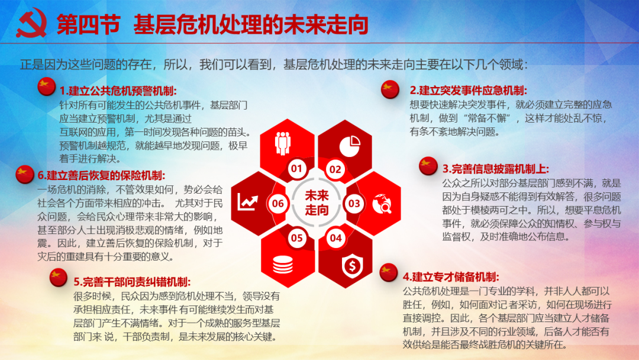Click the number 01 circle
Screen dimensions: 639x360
[297, 168]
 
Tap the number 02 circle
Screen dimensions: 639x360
[335, 169]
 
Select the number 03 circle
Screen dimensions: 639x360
[354, 204]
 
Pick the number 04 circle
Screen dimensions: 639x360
[336, 238]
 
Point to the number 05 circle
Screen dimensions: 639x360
[297, 238]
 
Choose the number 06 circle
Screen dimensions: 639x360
[278, 204]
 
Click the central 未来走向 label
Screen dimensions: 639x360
[317, 202]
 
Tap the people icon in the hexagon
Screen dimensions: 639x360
[282, 143]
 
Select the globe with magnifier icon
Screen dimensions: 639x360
[382, 204]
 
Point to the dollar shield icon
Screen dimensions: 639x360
[352, 265]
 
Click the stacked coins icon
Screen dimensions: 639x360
[282, 265]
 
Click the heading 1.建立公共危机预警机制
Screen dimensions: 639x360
[118, 91]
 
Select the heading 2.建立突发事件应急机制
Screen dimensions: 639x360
[468, 90]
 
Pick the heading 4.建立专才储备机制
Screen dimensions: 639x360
[451, 277]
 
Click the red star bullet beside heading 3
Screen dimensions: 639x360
[428, 166]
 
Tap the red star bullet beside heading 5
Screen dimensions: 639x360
[58, 277]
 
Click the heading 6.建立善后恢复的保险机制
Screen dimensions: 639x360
[102, 175]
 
